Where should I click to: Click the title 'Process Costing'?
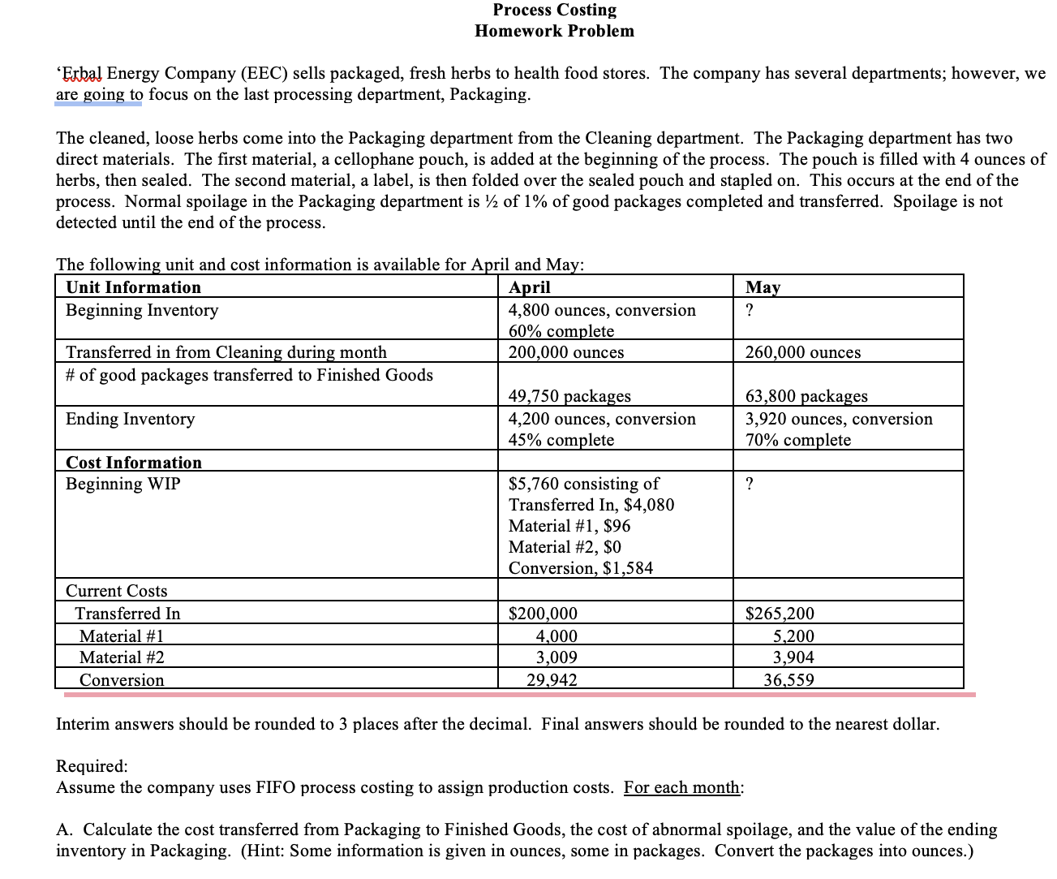click(x=555, y=10)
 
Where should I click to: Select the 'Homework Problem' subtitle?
click(x=555, y=31)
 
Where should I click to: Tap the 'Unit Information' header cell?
click(x=133, y=287)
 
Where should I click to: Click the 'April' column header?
click(x=529, y=287)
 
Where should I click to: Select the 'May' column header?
click(x=763, y=287)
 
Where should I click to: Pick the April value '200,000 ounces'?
click(x=566, y=352)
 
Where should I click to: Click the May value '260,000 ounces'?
click(x=803, y=352)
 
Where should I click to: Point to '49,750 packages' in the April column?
click(x=569, y=396)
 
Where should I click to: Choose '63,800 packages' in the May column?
click(x=806, y=396)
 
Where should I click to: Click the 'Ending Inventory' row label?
click(x=131, y=419)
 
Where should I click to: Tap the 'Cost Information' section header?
click(x=134, y=463)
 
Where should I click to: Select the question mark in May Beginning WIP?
click(x=749, y=484)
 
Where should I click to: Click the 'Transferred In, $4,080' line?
click(x=591, y=505)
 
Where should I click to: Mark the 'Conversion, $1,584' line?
click(x=581, y=568)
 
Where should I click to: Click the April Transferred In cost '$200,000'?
click(x=543, y=614)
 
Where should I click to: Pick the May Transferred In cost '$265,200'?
click(x=780, y=614)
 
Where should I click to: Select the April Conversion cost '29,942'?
click(x=552, y=680)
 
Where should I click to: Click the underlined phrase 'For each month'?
click(x=681, y=788)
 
